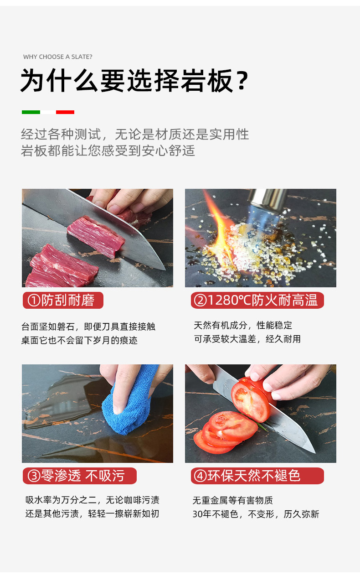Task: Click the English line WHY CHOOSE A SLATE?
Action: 57,57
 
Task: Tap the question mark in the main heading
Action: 242,80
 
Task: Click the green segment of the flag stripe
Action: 31,112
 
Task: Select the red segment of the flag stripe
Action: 65,112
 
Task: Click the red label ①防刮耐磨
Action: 63,301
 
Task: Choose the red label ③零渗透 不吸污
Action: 80,476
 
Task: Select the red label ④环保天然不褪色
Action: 257,476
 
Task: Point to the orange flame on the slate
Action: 218,223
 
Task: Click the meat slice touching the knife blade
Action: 96,237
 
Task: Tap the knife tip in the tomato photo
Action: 314,452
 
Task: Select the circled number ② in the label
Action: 200,301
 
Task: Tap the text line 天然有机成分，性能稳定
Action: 243,325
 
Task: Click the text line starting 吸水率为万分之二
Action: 92,500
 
